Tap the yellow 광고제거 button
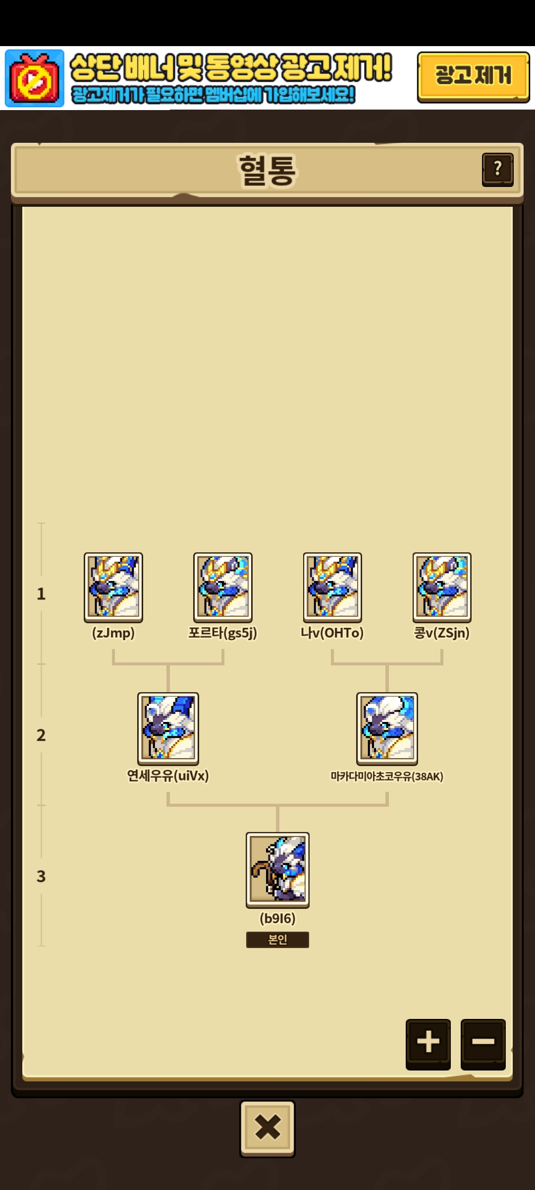pyautogui.click(x=473, y=77)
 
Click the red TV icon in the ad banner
pyautogui.click(x=35, y=78)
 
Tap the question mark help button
pyautogui.click(x=497, y=170)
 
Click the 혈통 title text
pyautogui.click(x=267, y=170)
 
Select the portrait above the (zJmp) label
pyautogui.click(x=113, y=588)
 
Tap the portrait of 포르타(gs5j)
pyautogui.click(x=223, y=588)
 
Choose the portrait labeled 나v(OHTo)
pyautogui.click(x=332, y=588)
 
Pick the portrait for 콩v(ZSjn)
pyautogui.click(x=442, y=588)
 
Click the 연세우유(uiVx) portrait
pyautogui.click(x=168, y=728)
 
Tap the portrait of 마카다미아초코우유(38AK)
pyautogui.click(x=387, y=728)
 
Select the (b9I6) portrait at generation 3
pyautogui.click(x=277, y=870)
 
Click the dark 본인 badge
pyautogui.click(x=277, y=940)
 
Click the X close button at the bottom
pyautogui.click(x=267, y=1128)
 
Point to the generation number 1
pyautogui.click(x=41, y=594)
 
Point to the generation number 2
pyautogui.click(x=41, y=735)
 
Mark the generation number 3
pyautogui.click(x=41, y=876)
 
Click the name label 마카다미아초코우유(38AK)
pyautogui.click(x=387, y=776)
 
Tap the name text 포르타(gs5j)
pyautogui.click(x=223, y=633)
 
